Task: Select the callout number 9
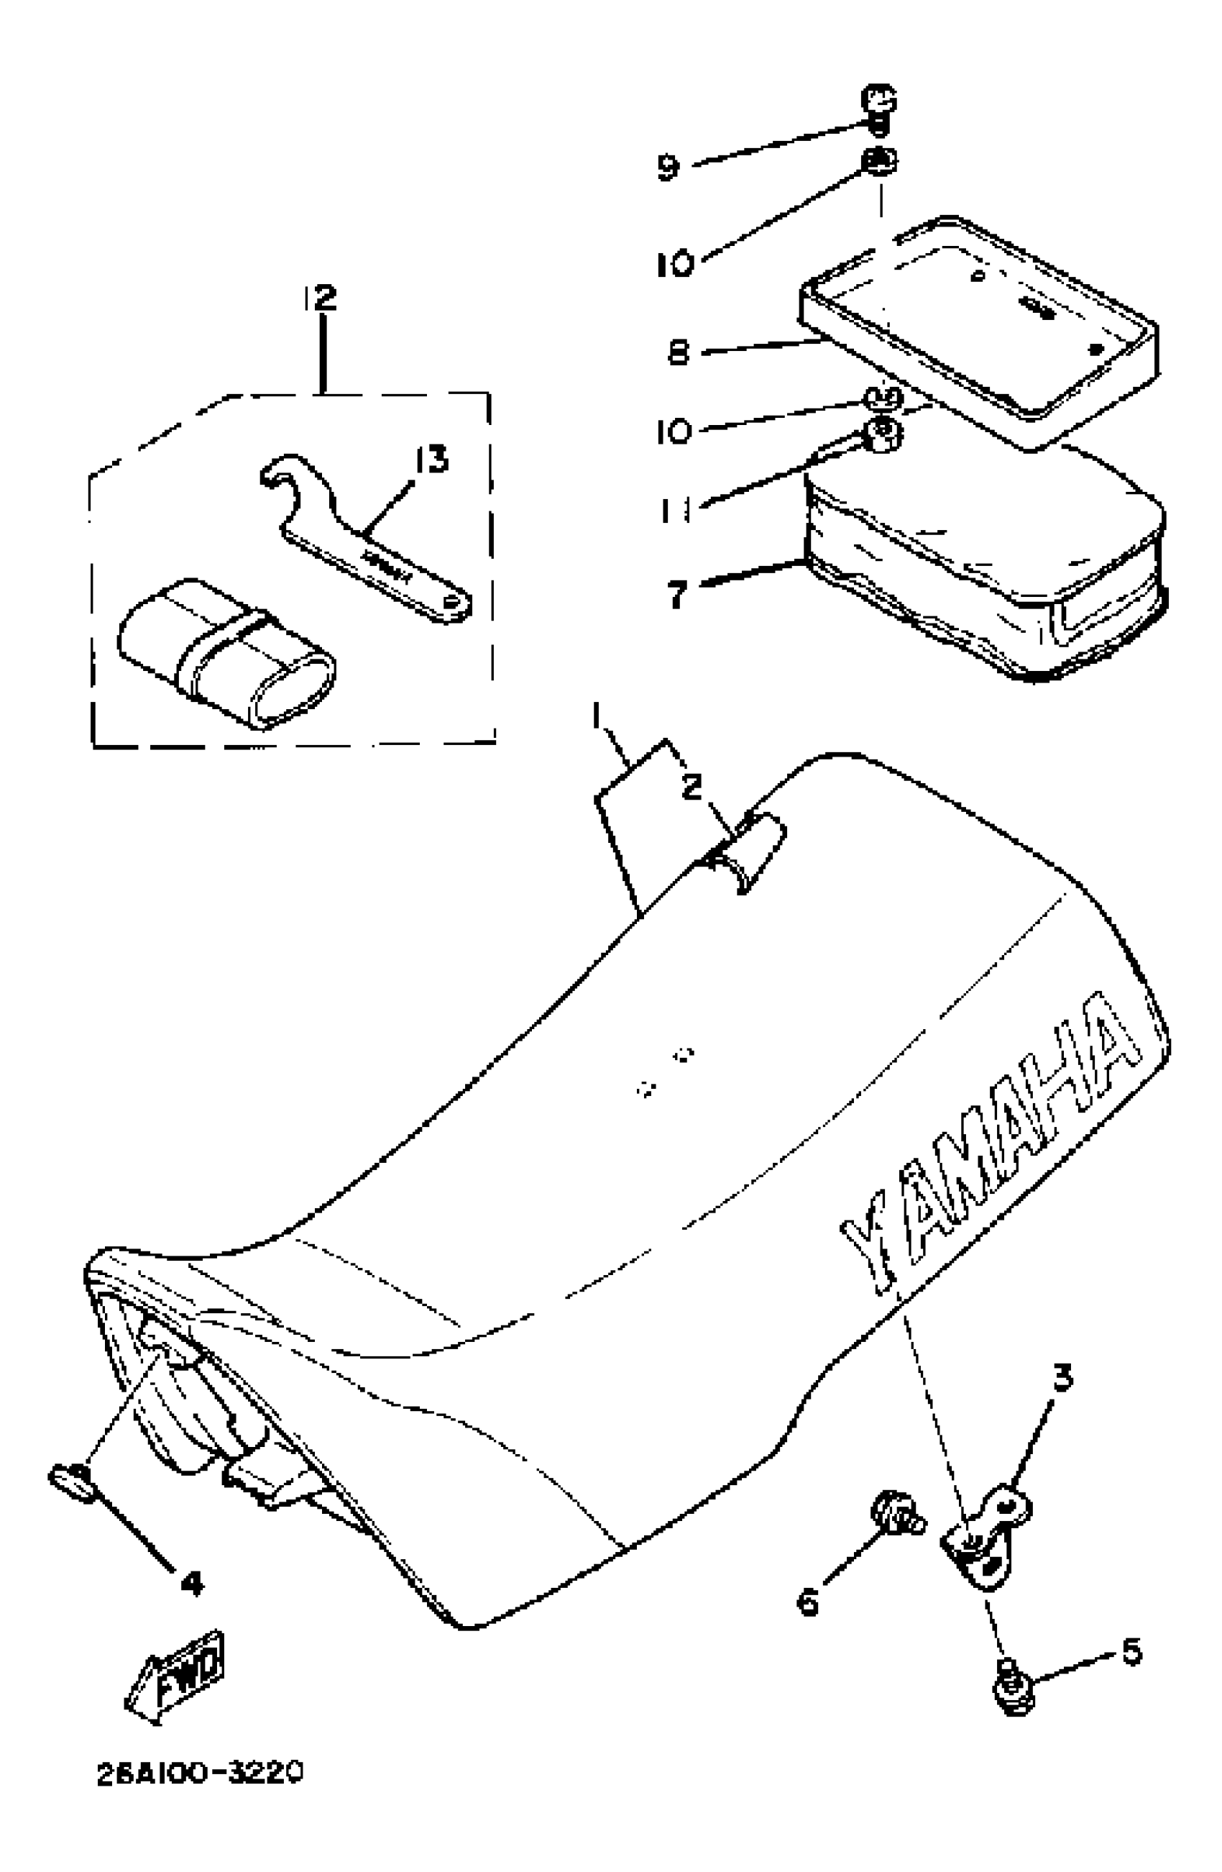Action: tap(668, 167)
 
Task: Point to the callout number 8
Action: tap(678, 352)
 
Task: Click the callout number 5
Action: tap(1130, 1653)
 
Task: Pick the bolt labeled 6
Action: tap(893, 1514)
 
